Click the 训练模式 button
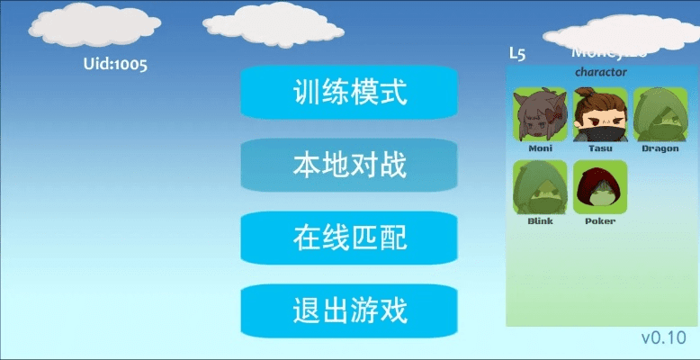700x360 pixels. pyautogui.click(x=350, y=93)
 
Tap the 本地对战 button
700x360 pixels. pyautogui.click(x=350, y=166)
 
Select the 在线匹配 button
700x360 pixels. pyautogui.click(x=350, y=238)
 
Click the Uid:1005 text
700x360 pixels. pyautogui.click(x=115, y=64)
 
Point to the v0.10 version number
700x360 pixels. pyautogui.click(x=664, y=337)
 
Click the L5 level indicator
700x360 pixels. pyautogui.click(x=517, y=53)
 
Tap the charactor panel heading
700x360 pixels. pyautogui.click(x=600, y=72)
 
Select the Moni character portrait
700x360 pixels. pyautogui.click(x=540, y=114)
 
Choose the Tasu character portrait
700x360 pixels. pyautogui.click(x=600, y=114)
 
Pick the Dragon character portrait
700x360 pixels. pyautogui.click(x=660, y=114)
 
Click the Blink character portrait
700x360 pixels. pyautogui.click(x=540, y=187)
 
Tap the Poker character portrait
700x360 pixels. pyautogui.click(x=600, y=187)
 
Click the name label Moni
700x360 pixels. pyautogui.click(x=540, y=148)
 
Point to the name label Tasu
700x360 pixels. pyautogui.click(x=600, y=148)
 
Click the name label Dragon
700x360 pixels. pyautogui.click(x=660, y=148)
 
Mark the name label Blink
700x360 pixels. pyautogui.click(x=540, y=220)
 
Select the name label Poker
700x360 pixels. pyautogui.click(x=600, y=220)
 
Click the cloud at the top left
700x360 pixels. pyautogui.click(x=86, y=27)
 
